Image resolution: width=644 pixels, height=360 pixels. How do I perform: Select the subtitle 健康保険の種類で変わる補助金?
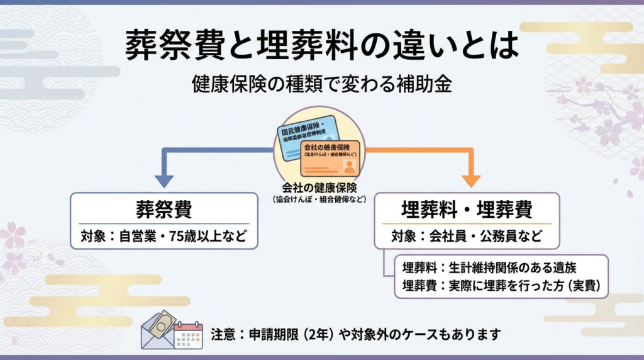[x=322, y=85]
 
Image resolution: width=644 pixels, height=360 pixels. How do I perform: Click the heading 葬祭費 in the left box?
[x=164, y=209]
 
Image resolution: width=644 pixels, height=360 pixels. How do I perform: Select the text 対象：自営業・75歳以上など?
[x=164, y=237]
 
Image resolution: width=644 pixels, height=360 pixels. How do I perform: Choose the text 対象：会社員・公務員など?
[x=466, y=237]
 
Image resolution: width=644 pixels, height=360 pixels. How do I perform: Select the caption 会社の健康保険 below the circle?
[x=319, y=187]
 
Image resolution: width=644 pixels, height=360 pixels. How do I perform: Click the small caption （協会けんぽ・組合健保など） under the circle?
[x=319, y=199]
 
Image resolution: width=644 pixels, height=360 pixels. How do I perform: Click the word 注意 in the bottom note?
[x=223, y=334]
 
